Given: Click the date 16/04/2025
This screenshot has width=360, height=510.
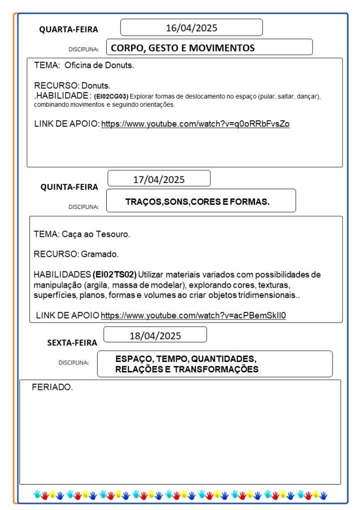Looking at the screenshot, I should click(191, 28).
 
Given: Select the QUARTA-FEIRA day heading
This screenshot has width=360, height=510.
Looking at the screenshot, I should click(69, 30).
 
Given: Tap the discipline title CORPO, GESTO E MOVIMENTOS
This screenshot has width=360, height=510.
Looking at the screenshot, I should click(182, 48).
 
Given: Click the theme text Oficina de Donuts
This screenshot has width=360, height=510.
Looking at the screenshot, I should click(99, 65).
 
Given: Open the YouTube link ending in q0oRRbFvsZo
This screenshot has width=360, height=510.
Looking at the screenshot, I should click(195, 124).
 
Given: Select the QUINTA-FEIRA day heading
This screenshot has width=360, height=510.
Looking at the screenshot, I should click(69, 187).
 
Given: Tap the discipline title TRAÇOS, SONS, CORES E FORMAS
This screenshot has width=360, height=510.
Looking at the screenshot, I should click(197, 202).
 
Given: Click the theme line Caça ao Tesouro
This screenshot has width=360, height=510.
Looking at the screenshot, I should click(82, 234).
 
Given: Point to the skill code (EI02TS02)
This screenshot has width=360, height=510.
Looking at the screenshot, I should click(115, 275).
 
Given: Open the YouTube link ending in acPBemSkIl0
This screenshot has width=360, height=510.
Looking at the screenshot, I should click(193, 315).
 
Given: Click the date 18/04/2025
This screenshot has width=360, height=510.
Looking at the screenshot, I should click(155, 336).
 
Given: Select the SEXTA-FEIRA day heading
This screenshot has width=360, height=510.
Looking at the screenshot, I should click(72, 343).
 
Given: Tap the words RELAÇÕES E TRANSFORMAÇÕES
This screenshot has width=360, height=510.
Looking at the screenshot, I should click(186, 369).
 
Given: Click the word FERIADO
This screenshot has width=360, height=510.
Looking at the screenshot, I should click(52, 387).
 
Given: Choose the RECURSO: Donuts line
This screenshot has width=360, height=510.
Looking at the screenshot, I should click(72, 85).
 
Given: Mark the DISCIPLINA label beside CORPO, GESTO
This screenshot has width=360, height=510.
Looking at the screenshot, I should click(83, 49).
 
